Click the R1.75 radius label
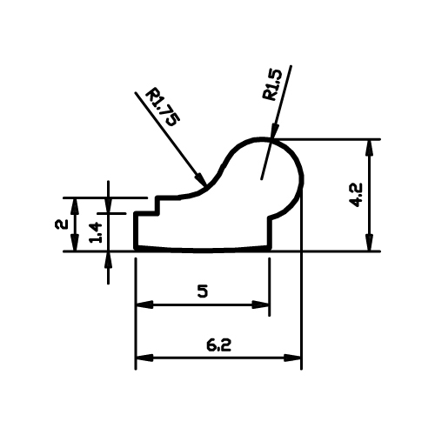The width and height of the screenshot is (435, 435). (163, 107)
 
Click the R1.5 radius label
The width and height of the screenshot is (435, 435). (272, 84)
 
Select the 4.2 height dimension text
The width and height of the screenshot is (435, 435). (356, 195)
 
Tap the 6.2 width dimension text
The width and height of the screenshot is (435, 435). (218, 345)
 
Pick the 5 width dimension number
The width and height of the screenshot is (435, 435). (203, 291)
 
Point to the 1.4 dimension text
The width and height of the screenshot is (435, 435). (96, 232)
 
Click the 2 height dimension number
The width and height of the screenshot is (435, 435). (62, 224)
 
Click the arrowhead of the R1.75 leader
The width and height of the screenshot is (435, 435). (201, 178)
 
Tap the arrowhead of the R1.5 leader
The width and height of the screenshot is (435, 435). (274, 130)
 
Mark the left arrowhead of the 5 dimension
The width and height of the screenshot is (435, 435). (144, 304)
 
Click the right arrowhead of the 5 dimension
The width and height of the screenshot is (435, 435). (261, 304)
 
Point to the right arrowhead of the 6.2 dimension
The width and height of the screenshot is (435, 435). (292, 358)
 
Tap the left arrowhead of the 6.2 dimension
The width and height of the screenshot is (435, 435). (144, 358)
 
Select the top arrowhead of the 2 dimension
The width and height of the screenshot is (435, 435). (75, 206)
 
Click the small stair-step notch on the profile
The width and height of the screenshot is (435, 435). (157, 206)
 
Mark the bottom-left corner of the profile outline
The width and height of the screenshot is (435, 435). (136, 248)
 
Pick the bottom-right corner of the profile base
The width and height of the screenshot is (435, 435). (270, 248)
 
